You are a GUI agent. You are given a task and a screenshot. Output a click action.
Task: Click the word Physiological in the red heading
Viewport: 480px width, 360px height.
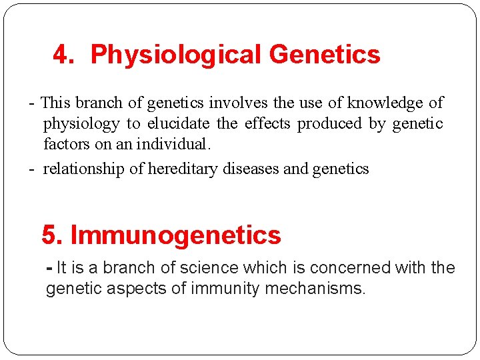point(174,55)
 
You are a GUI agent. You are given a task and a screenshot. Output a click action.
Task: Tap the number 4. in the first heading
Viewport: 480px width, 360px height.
point(64,55)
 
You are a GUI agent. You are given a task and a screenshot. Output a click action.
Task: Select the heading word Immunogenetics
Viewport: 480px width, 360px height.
point(175,235)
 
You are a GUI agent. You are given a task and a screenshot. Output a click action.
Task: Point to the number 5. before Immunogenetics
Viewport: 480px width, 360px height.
point(53,235)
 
